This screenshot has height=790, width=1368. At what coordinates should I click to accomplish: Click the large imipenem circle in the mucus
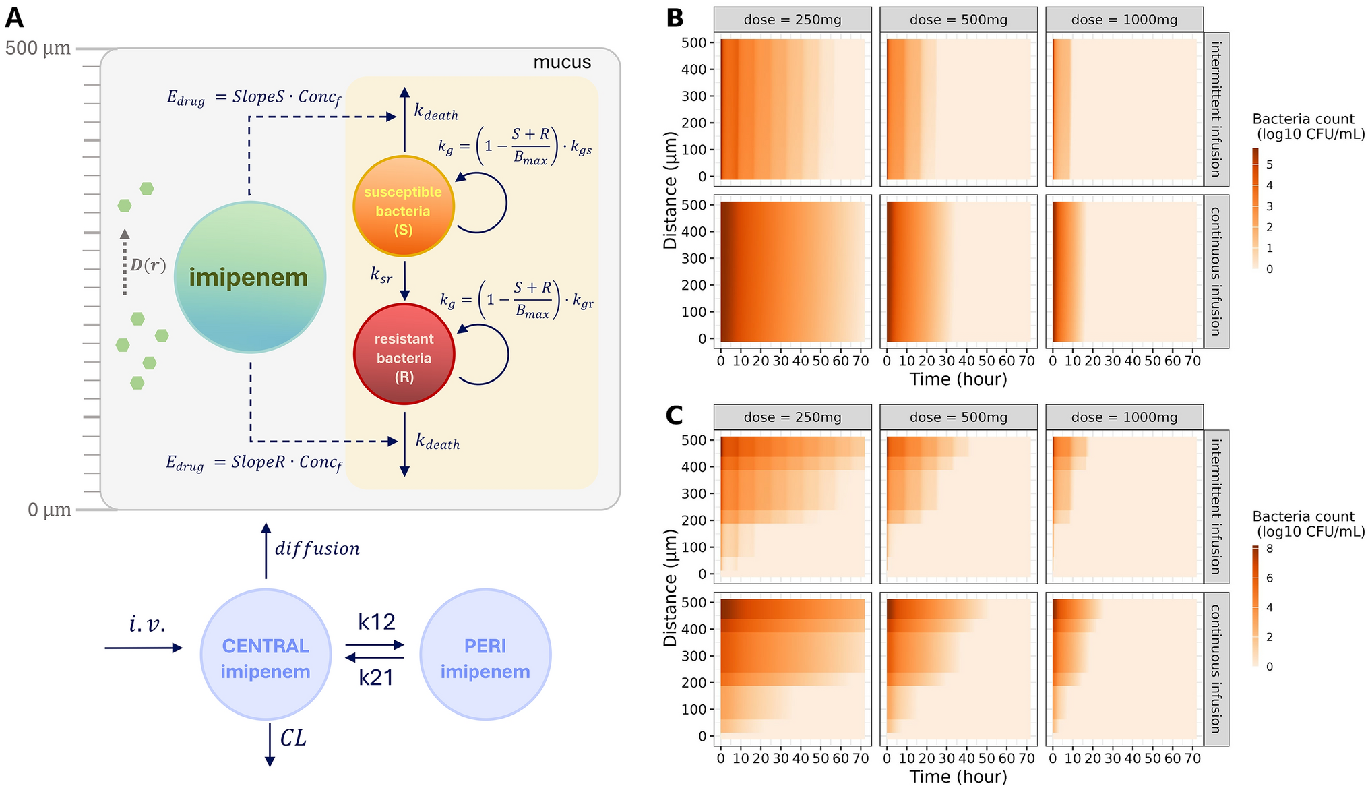(x=250, y=277)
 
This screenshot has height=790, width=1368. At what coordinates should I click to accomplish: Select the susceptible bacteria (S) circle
(x=404, y=206)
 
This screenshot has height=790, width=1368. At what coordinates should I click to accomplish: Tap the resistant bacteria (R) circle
(x=404, y=354)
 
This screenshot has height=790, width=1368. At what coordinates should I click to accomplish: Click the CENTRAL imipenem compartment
(x=266, y=655)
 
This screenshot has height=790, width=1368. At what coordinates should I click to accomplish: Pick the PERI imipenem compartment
(x=485, y=655)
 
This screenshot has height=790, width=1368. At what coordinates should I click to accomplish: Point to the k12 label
(x=377, y=621)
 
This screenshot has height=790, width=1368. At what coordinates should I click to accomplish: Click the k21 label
(x=376, y=677)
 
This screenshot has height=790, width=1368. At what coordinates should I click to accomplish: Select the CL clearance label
(x=293, y=738)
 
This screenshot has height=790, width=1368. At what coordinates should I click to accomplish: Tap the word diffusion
(x=317, y=549)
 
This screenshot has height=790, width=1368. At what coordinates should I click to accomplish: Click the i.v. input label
(x=147, y=625)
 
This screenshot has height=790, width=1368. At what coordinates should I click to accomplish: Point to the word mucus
(x=562, y=63)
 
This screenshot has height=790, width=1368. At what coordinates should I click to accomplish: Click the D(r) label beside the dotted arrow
(x=148, y=266)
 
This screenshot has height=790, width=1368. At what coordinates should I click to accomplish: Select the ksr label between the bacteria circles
(x=381, y=275)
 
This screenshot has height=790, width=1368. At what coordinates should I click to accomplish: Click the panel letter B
(x=675, y=18)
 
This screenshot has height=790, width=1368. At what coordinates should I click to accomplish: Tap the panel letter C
(x=675, y=415)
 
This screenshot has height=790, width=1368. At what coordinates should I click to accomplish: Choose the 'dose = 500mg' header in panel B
(x=958, y=20)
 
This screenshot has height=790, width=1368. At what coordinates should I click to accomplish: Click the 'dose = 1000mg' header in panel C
(x=1124, y=417)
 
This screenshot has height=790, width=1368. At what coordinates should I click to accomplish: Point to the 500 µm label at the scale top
(x=38, y=49)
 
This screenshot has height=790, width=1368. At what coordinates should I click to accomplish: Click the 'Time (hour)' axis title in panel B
(x=958, y=379)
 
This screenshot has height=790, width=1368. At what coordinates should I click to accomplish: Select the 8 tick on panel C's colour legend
(x=1270, y=549)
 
